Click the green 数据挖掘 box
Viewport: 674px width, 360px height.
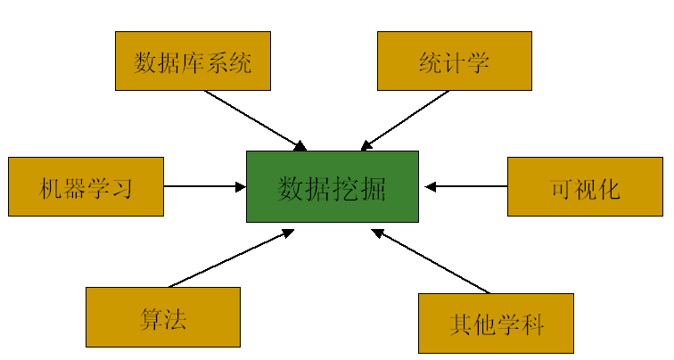click(332, 186)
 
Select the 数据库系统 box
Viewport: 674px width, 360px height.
click(193, 61)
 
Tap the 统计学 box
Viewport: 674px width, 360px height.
click(454, 61)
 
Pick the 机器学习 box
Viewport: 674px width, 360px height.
click(86, 186)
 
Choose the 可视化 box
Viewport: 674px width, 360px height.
click(585, 186)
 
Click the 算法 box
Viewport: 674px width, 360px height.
click(163, 316)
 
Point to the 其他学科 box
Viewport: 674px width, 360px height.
click(496, 323)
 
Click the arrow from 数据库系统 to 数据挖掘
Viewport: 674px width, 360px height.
click(255, 119)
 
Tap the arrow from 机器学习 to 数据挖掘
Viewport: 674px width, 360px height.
click(205, 186)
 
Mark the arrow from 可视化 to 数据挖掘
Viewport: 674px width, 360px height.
click(465, 186)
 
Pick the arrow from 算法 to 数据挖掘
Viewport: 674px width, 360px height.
click(232, 258)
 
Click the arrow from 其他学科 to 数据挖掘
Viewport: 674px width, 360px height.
click(432, 261)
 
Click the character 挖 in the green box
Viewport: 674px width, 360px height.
click(346, 187)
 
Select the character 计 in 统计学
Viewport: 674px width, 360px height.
click(454, 62)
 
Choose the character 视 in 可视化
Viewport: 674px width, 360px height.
click(586, 188)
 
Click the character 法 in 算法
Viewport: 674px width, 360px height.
click(175, 318)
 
